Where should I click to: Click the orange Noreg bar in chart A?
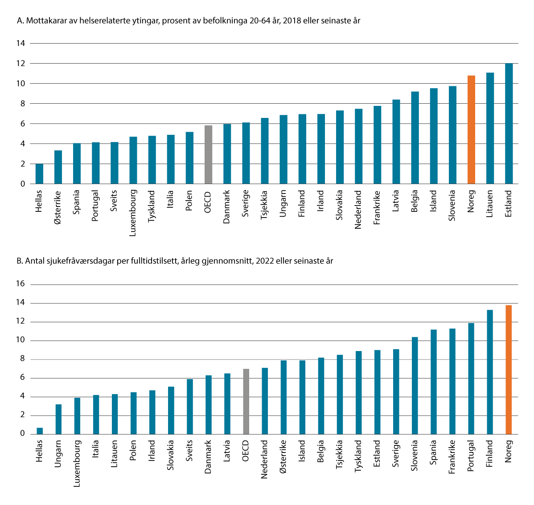click(471, 130)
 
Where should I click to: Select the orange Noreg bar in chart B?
click(509, 369)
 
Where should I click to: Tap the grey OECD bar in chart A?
click(208, 155)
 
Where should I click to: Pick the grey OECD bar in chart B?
click(246, 401)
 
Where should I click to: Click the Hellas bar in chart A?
click(39, 174)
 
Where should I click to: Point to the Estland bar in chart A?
click(509, 124)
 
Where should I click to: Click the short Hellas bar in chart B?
click(40, 431)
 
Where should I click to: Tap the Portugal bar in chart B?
click(471, 378)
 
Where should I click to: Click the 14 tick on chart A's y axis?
click(21, 43)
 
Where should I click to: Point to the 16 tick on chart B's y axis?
click(21, 284)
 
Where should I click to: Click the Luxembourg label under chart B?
click(77, 463)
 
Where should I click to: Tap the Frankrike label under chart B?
click(452, 457)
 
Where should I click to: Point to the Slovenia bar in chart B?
click(415, 385)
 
